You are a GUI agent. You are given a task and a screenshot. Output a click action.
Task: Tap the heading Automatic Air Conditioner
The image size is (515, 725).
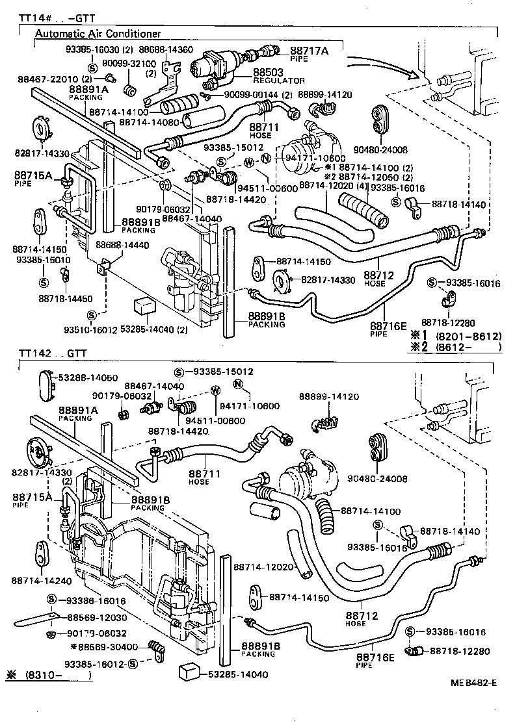click(98, 34)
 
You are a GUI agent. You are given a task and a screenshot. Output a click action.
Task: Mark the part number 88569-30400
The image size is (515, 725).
click(107, 646)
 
